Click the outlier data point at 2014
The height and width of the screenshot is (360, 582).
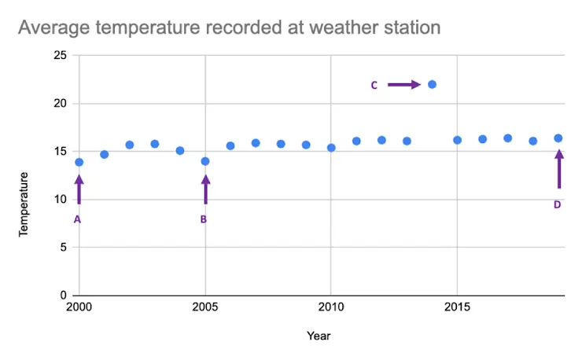(432, 84)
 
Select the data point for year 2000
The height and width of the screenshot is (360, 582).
(79, 162)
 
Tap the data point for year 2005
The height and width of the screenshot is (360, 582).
(205, 161)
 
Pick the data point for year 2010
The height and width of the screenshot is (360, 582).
(331, 148)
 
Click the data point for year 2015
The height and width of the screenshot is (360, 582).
(457, 140)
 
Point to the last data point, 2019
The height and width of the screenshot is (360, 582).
(558, 138)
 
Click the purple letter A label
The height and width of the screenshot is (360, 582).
(77, 219)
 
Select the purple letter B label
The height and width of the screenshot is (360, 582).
(203, 219)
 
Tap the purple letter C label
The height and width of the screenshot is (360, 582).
(374, 85)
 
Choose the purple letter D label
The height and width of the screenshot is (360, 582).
(557, 204)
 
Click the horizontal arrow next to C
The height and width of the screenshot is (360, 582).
(404, 85)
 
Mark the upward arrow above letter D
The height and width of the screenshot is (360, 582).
(559, 169)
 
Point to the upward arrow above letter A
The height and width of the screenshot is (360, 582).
(79, 189)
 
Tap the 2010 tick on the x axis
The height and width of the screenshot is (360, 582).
(330, 306)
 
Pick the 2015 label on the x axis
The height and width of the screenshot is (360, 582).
(457, 306)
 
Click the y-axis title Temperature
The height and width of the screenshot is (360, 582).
(24, 204)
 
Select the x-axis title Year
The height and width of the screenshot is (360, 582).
(319, 336)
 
